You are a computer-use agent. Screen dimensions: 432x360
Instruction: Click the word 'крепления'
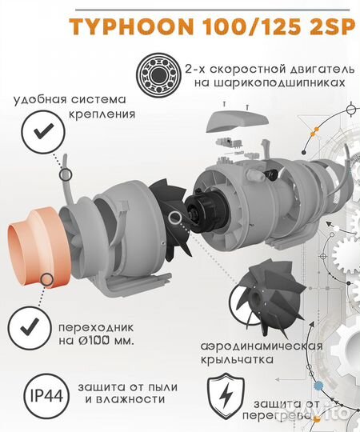103,114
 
